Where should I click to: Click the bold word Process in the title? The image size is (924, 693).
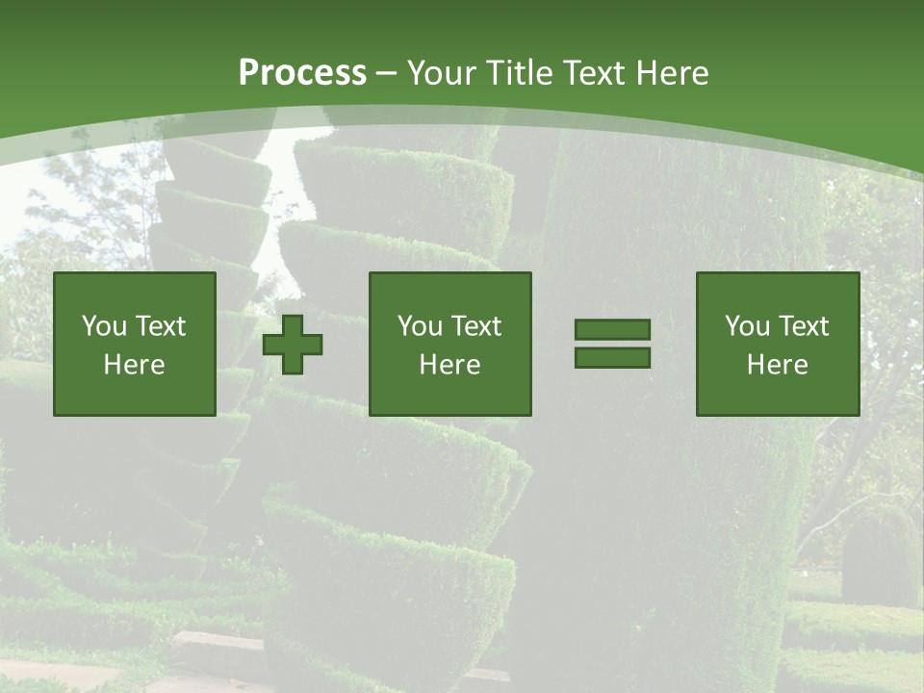[302, 73]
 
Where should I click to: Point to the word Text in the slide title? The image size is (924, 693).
[593, 73]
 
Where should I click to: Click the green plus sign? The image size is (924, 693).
[293, 344]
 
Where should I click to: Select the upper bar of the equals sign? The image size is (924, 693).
[612, 330]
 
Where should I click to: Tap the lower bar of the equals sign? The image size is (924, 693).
[612, 357]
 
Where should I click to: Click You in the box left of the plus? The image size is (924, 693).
[104, 326]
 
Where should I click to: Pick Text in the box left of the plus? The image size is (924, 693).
[159, 326]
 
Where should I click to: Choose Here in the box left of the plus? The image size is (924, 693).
[135, 365]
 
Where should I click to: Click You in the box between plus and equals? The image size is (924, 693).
[420, 326]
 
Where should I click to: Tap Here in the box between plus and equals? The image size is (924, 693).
[450, 365]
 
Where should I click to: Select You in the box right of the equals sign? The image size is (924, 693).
[747, 326]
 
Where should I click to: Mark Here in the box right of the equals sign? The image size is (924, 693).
[778, 365]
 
